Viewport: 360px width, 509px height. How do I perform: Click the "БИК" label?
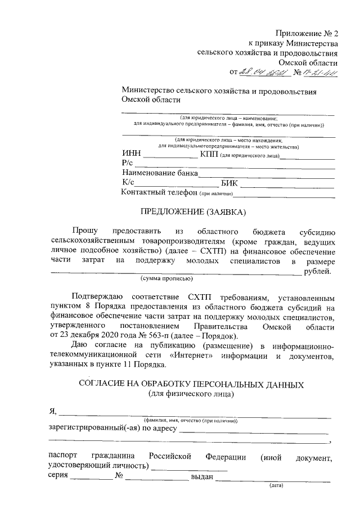click(x=231, y=183)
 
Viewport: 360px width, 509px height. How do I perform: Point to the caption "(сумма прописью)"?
click(x=166, y=279)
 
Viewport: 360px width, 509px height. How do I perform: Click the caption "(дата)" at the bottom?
click(x=277, y=484)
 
